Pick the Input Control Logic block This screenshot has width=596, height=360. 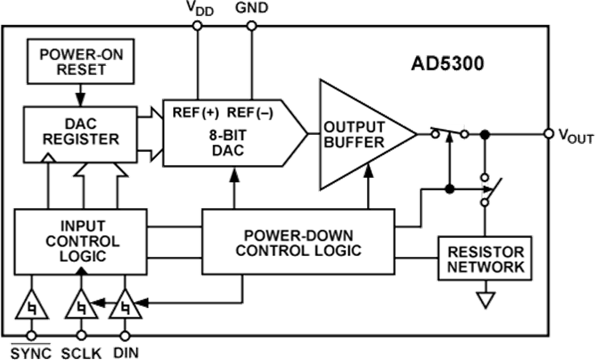[x=80, y=241]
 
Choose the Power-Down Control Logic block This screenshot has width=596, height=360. [x=299, y=243]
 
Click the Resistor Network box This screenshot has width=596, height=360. [x=485, y=259]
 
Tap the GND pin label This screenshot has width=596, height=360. [x=252, y=8]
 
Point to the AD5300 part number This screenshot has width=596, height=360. [x=447, y=64]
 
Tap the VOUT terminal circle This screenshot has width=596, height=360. [x=549, y=134]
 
